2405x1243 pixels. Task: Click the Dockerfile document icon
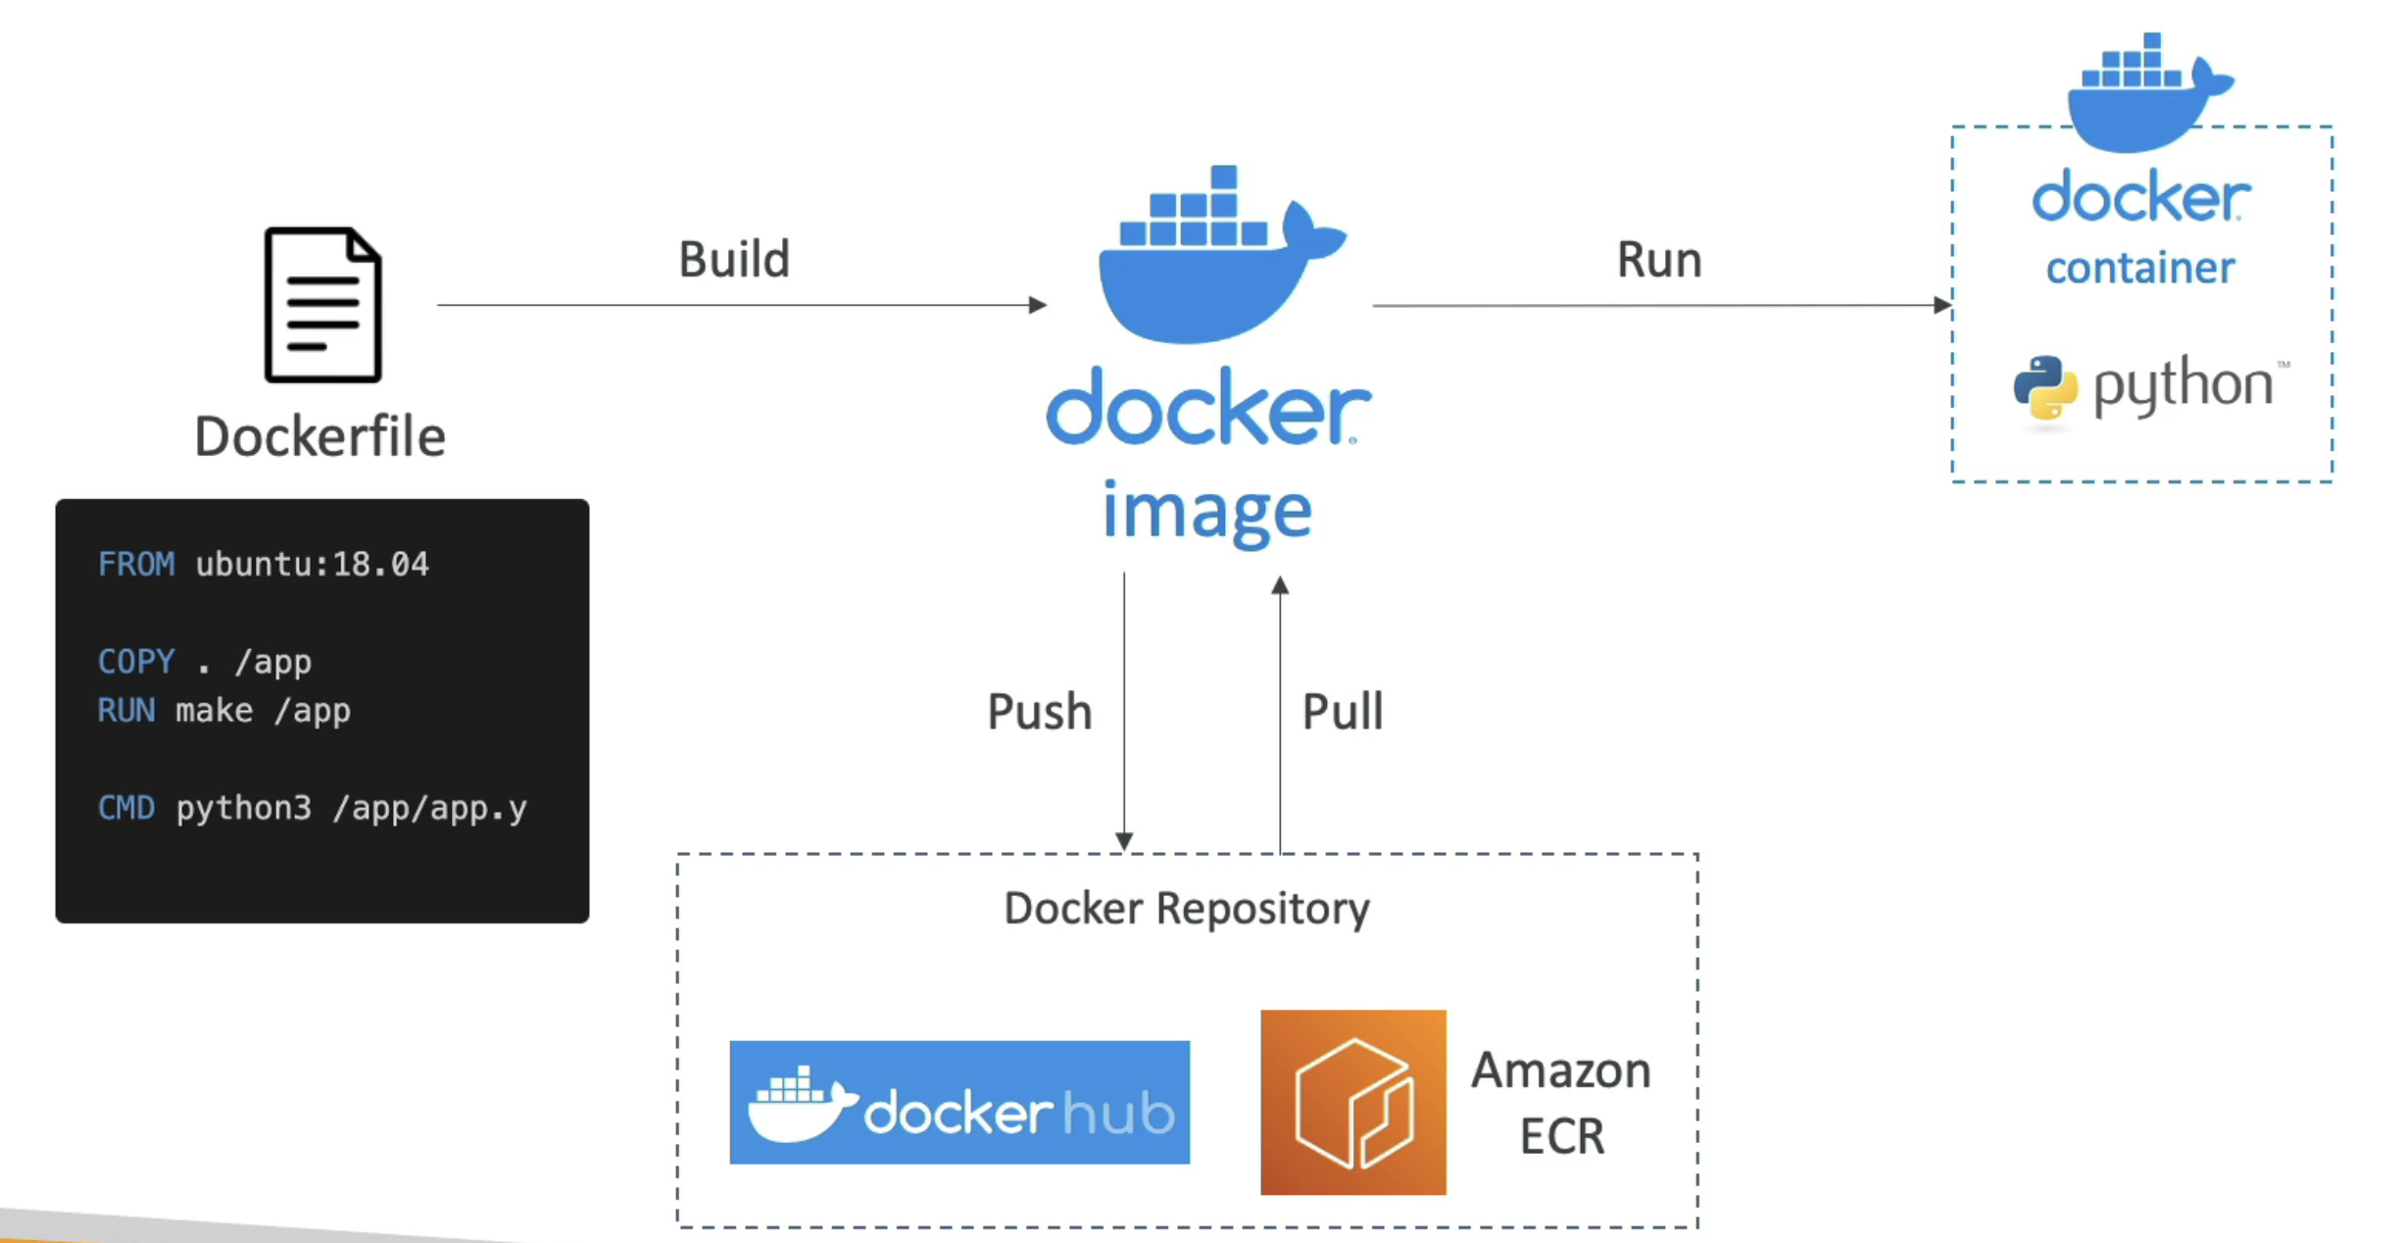(x=322, y=305)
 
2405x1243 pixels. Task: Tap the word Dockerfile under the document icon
(x=319, y=436)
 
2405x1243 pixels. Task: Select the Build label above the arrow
(x=734, y=260)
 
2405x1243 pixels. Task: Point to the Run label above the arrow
(x=1658, y=260)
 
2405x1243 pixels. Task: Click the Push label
(x=1039, y=712)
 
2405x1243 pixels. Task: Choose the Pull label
(x=1342, y=712)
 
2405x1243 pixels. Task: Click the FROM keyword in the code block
(x=136, y=565)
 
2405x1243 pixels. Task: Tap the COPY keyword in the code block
(x=136, y=662)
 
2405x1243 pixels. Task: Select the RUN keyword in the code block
(x=126, y=711)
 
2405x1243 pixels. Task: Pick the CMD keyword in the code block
(x=126, y=809)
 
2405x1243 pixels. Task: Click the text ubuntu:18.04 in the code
(x=312, y=565)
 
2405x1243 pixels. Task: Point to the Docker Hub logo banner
(x=959, y=1103)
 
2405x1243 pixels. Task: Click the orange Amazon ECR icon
(x=1352, y=1103)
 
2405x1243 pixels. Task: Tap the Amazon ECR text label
(x=1561, y=1103)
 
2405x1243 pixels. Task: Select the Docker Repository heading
(x=1187, y=909)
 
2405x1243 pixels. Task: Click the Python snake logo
(x=2045, y=388)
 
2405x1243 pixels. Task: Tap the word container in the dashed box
(x=2140, y=269)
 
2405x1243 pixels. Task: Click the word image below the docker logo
(x=1207, y=512)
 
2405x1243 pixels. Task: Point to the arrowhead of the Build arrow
(x=1039, y=305)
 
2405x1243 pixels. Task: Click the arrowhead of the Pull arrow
(x=1280, y=585)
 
